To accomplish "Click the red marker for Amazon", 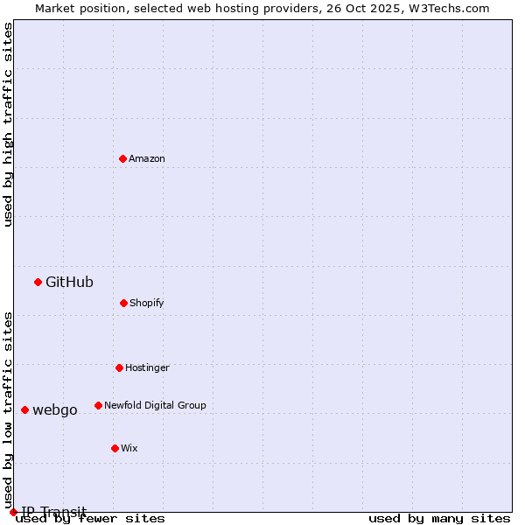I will coord(122,158).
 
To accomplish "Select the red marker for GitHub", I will coord(38,282).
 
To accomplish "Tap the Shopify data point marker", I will coord(123,303).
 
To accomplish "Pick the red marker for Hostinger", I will coord(119,367).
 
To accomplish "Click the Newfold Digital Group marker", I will coord(98,405).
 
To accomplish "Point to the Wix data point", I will coord(115,448).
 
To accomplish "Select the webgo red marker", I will coord(24,409).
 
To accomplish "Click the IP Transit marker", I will coord(13,512).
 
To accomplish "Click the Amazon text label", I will coord(147,158).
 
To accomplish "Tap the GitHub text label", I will coord(69,282).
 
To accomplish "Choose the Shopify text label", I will coord(147,303).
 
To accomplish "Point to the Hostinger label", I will coord(147,367).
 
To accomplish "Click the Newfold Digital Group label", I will coord(155,405).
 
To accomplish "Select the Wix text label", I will coord(129,448).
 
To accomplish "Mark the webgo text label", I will coord(55,409).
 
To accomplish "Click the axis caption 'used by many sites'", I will coord(439,518).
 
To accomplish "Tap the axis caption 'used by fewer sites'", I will coord(90,518).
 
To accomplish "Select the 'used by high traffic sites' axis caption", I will coord(9,124).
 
